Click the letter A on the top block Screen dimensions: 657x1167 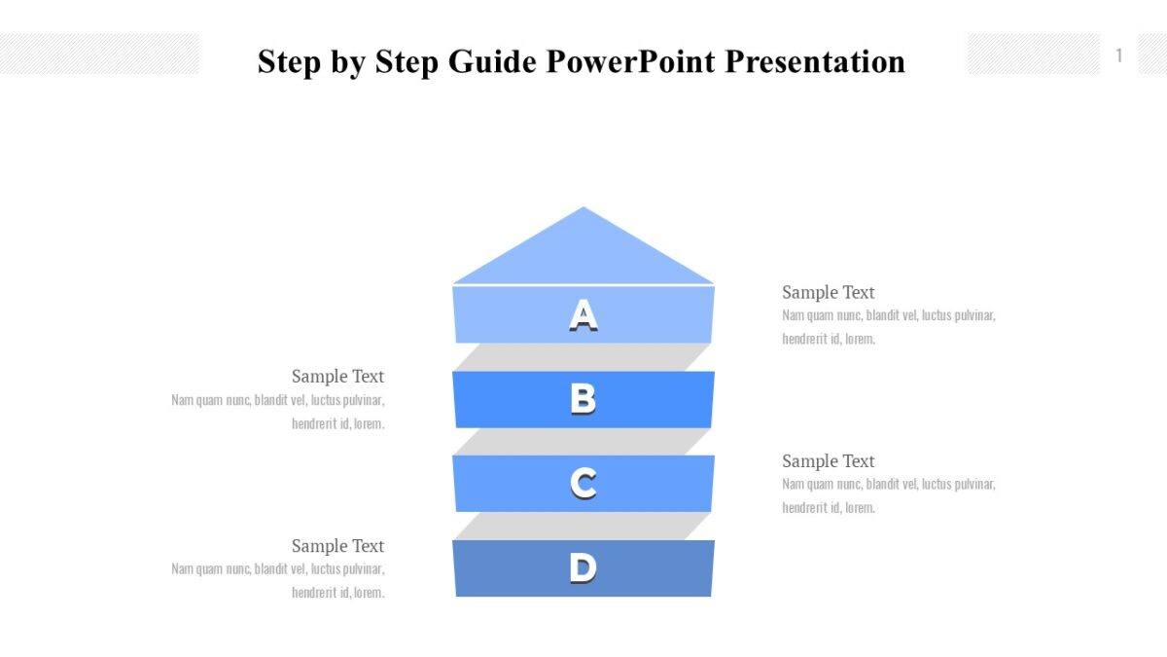tap(583, 315)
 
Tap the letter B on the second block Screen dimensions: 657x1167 tap(583, 399)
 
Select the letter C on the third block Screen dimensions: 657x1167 tap(583, 484)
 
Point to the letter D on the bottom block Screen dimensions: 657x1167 tap(583, 567)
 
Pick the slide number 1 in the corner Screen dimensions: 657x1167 tap(1118, 55)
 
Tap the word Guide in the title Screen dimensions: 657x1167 tap(491, 61)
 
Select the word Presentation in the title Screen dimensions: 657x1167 tap(815, 61)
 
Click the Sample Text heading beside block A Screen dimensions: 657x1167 tap(828, 292)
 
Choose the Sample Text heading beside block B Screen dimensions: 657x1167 tap(337, 377)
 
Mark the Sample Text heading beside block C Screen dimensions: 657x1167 tap(828, 461)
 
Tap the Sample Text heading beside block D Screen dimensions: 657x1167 tap(337, 546)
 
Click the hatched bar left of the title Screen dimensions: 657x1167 tap(99, 54)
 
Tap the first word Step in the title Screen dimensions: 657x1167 tap(289, 61)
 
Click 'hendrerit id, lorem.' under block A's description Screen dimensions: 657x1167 tap(829, 340)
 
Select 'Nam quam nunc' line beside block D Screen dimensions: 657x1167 tap(278, 569)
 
